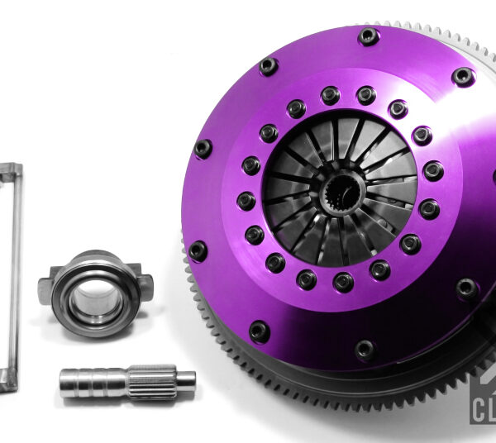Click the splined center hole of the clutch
(341, 196)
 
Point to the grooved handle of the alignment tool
(91, 382)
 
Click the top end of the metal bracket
(11, 170)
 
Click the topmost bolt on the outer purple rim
(369, 36)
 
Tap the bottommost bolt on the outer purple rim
(365, 350)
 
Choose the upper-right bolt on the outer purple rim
(464, 77)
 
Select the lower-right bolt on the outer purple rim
(467, 288)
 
